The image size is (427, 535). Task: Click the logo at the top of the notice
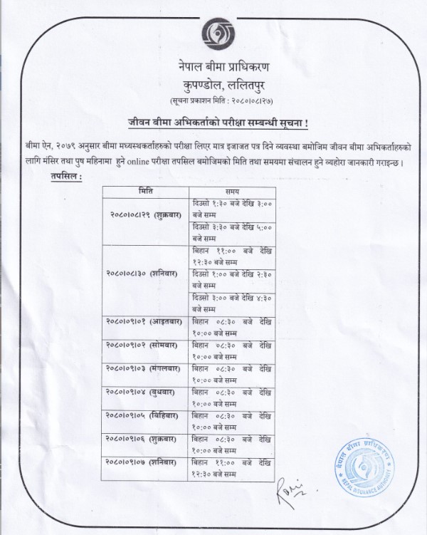(214, 33)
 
